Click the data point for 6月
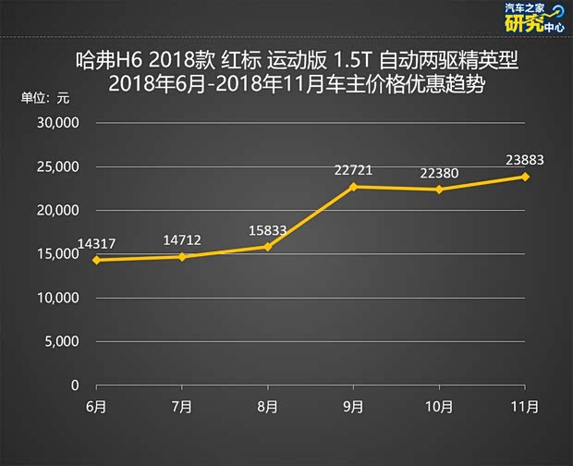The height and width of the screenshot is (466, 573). (97, 260)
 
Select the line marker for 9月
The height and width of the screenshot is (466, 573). (354, 187)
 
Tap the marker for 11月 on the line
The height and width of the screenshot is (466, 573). (525, 177)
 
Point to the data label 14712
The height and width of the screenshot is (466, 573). (183, 240)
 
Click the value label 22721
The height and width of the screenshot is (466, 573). (354, 169)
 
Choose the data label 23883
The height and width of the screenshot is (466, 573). (525, 159)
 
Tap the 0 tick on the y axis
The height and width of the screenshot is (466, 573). (75, 385)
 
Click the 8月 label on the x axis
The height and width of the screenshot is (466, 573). (268, 406)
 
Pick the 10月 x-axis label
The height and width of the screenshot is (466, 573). (439, 406)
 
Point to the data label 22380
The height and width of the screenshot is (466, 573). (441, 172)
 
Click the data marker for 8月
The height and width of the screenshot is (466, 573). (268, 247)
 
